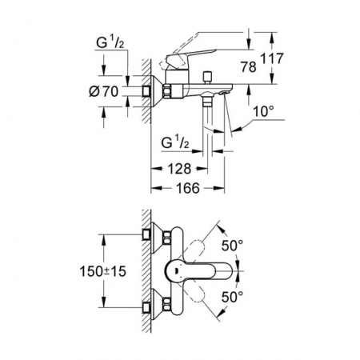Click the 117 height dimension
click(x=272, y=58)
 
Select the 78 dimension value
click(x=249, y=67)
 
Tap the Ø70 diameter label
click(x=103, y=91)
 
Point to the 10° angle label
click(x=263, y=111)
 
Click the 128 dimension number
click(x=179, y=169)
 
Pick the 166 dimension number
click(x=188, y=188)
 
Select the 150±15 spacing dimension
click(x=102, y=271)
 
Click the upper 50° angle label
click(x=232, y=246)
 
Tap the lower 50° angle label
click(x=232, y=297)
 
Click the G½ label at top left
click(x=110, y=42)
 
